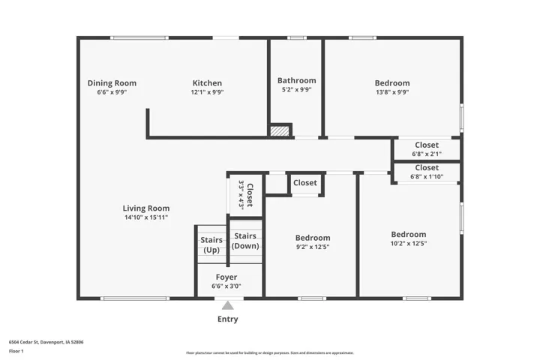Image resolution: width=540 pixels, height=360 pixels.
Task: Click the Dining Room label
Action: coord(112,83)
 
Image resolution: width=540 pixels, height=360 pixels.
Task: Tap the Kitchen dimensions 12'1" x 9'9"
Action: coord(207,92)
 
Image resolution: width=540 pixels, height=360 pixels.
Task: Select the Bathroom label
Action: coord(297,80)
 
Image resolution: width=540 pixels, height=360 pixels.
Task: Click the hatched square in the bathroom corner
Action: coord(279,131)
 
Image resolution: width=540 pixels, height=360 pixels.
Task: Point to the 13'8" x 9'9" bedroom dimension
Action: coord(392,92)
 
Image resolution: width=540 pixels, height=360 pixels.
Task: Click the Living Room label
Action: coord(146,208)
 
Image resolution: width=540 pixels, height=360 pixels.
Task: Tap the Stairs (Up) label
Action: coord(211,244)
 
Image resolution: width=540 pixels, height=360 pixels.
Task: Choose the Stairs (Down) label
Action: coord(245,241)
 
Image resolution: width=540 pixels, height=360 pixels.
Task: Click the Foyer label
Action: coord(226,277)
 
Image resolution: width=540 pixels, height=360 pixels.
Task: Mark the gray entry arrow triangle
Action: coord(228,305)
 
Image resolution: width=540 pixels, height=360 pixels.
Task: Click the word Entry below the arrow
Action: coord(228,319)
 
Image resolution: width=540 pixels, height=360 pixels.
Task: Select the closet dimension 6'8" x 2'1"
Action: coord(427,154)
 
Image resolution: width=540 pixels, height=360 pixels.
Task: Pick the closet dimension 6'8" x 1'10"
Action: coord(427,177)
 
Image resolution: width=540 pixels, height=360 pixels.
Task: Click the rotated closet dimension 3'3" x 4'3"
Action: coord(241,194)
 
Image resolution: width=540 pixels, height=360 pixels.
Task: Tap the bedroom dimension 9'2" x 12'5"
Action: coord(313,247)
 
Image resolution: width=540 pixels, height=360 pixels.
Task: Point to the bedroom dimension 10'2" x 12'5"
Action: coord(409,243)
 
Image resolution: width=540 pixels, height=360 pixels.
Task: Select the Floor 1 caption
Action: coord(16,351)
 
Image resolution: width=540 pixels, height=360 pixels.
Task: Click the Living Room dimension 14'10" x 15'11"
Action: coord(146,217)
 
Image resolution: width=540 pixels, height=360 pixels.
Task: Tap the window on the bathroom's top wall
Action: coord(297,38)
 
